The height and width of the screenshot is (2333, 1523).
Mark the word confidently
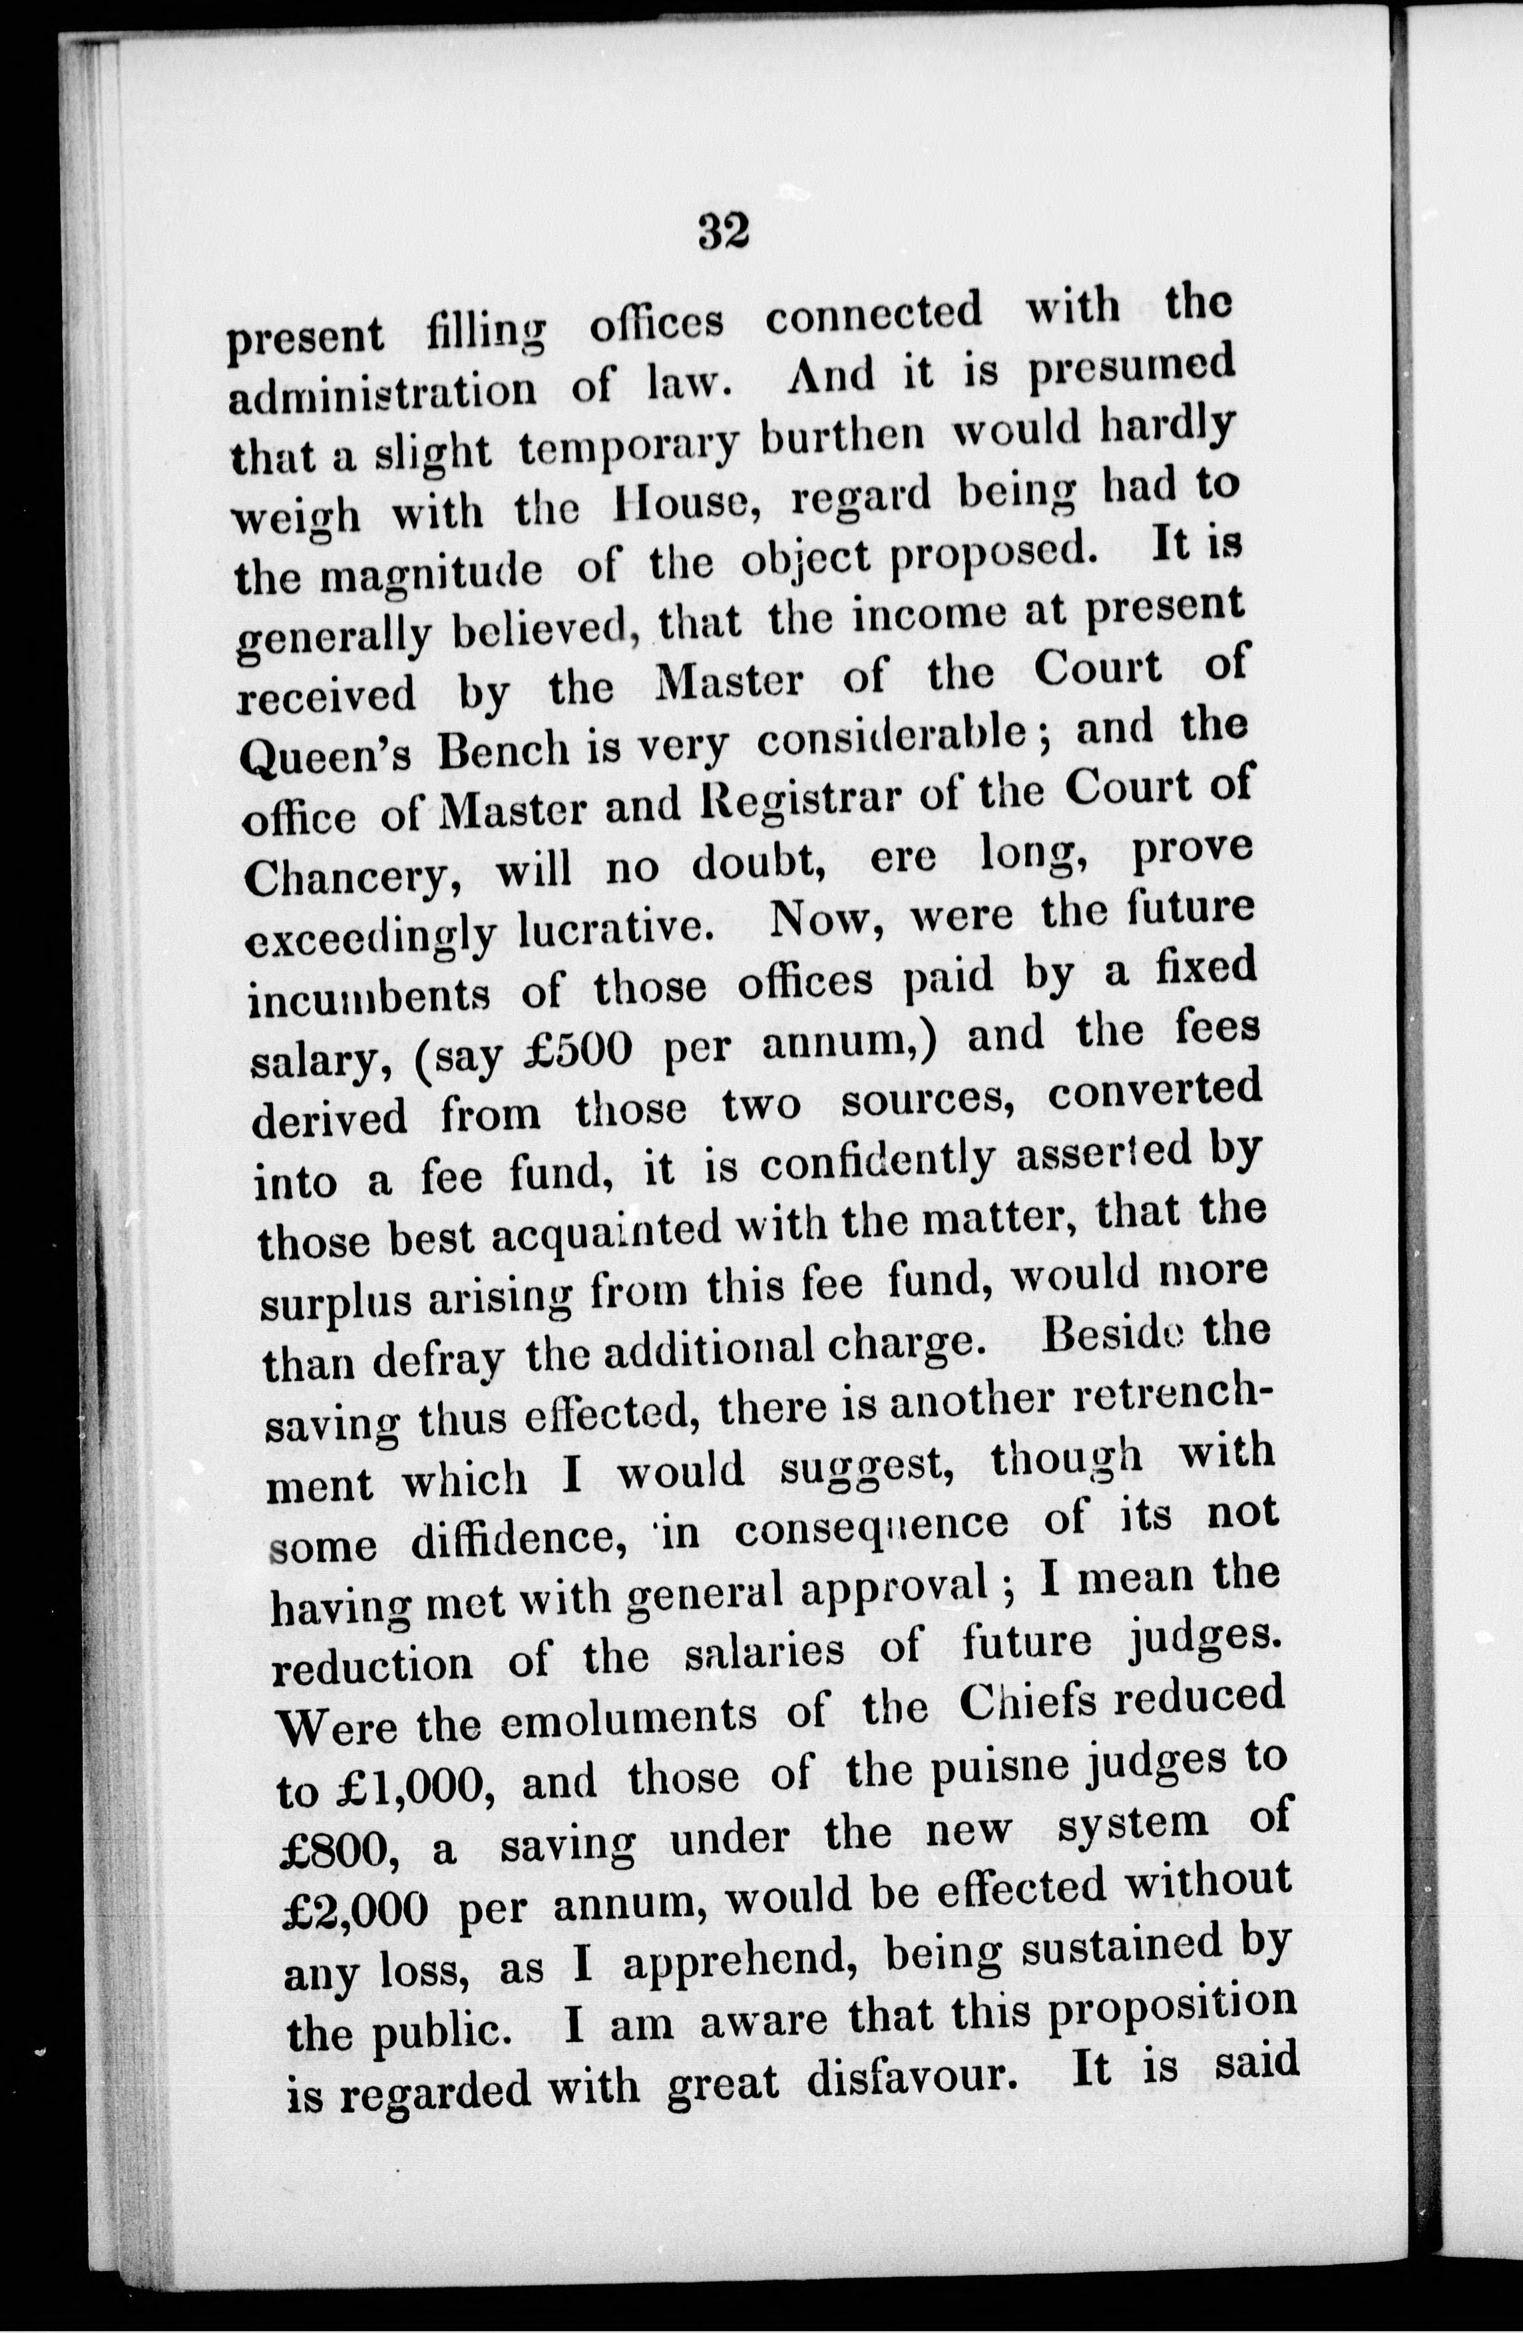[877, 1162]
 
